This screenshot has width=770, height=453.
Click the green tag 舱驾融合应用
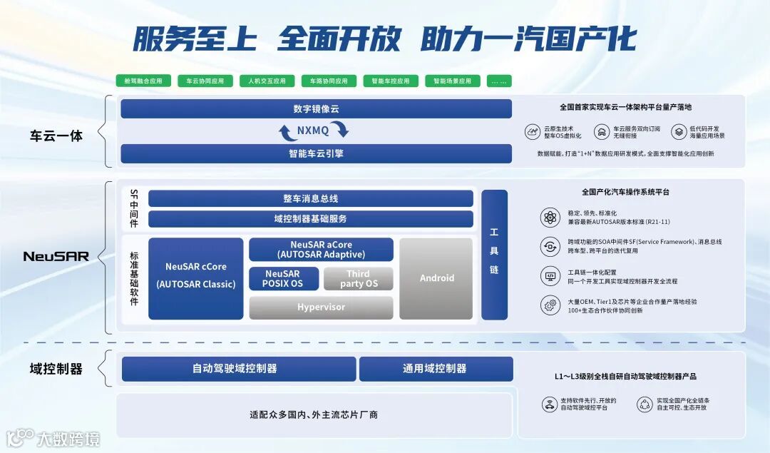tap(144, 81)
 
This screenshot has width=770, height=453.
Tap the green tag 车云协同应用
tap(205, 81)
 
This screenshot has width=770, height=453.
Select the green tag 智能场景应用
tap(453, 81)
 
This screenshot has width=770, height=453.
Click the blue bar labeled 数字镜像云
tap(316, 109)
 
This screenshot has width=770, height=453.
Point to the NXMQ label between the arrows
tap(314, 131)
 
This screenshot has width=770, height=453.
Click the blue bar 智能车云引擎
tap(316, 153)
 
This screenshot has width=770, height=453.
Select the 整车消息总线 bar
tap(310, 198)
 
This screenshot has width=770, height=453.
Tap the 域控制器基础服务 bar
tap(310, 219)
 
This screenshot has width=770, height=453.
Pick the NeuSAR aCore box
tap(321, 250)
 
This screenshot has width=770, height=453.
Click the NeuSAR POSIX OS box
tap(284, 279)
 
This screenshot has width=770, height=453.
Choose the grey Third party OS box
tap(358, 279)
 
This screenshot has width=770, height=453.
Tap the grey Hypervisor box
tap(321, 307)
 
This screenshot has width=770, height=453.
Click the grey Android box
tap(436, 278)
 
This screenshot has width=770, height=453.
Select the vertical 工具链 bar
tap(494, 255)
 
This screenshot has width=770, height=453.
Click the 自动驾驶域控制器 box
tap(238, 369)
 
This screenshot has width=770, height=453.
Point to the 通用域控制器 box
tap(435, 369)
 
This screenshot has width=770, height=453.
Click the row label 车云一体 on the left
tap(56, 136)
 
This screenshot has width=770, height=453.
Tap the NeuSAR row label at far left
tap(56, 256)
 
